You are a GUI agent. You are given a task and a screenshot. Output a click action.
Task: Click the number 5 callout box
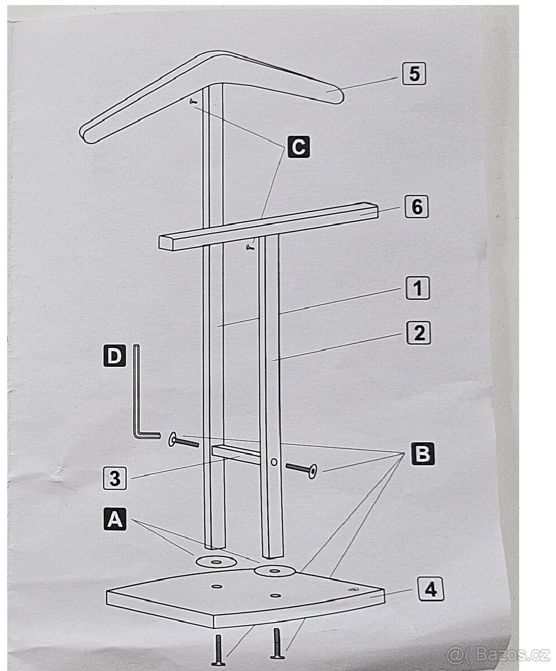coord(414,74)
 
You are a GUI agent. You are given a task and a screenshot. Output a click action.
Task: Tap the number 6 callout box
coord(417,206)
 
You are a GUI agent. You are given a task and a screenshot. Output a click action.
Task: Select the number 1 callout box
coord(417,287)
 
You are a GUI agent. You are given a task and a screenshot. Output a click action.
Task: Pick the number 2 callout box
coord(419,333)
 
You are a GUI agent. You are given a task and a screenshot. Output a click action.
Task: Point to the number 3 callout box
coord(115,479)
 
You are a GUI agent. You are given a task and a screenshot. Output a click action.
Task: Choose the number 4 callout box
coord(431,589)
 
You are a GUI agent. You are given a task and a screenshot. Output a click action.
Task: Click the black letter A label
coord(115,519)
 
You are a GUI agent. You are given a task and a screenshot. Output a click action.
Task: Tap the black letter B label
coord(422,454)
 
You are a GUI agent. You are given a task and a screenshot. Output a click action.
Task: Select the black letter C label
coord(298,147)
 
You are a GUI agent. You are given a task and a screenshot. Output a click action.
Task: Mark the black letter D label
coord(115,356)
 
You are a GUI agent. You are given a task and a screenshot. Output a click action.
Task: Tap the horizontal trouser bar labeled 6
coord(268,226)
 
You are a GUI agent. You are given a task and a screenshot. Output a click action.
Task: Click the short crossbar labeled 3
coord(236,454)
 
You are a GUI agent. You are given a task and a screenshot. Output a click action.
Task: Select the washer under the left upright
coord(216,562)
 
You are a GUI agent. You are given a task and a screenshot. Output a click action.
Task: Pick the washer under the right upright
coord(274,571)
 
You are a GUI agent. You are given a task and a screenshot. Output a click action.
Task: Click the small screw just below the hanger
coord(193,102)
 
